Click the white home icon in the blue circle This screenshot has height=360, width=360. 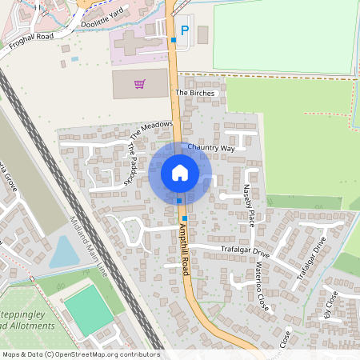pyautogui.click(x=180, y=172)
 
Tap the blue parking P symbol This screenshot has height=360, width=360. pyautogui.click(x=186, y=31)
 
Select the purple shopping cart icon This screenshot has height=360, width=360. pyautogui.click(x=140, y=83)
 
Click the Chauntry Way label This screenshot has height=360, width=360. pyautogui.click(x=210, y=148)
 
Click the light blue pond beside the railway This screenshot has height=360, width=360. pyautogui.click(x=65, y=252)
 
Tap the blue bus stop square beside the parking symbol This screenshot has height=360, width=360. pyautogui.click(x=174, y=39)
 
